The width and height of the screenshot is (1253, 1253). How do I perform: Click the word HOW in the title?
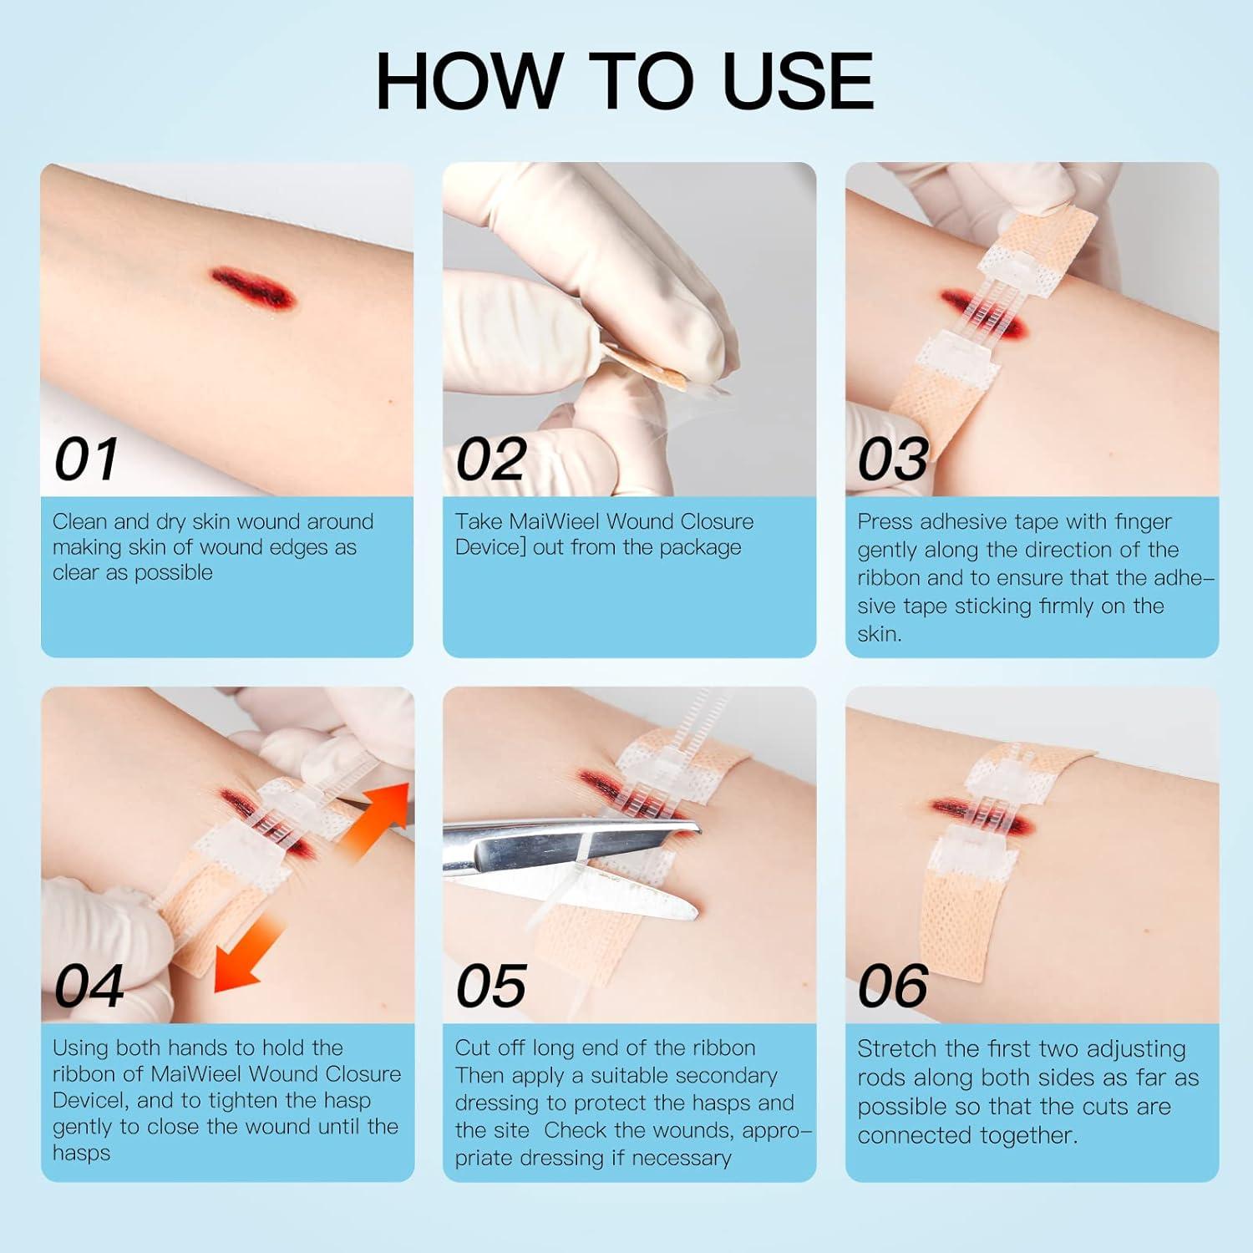468,81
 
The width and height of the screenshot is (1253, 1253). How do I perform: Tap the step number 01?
86,459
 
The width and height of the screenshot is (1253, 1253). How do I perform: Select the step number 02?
490,459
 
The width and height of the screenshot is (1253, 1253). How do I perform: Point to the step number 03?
892,459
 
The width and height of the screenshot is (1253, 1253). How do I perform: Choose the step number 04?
89,986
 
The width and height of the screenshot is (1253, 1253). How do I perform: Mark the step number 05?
490,986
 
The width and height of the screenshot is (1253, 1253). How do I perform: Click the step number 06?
892,986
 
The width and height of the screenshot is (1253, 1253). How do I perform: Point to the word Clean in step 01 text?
80,522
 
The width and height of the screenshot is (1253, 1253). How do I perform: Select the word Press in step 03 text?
885,522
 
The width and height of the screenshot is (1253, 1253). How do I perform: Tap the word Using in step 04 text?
80,1048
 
